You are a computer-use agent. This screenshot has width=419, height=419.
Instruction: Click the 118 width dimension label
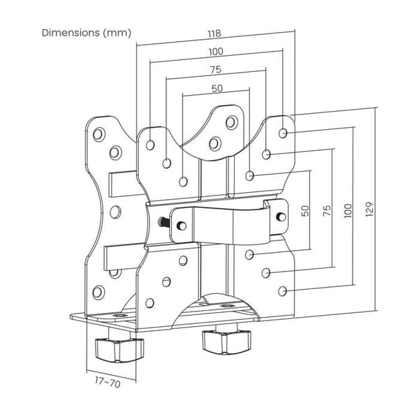click(214, 34)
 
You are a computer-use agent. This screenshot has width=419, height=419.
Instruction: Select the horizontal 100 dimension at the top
click(216, 51)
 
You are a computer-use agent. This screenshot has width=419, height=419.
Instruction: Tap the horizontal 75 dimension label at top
click(216, 69)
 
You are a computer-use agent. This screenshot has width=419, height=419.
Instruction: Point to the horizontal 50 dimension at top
click(216, 88)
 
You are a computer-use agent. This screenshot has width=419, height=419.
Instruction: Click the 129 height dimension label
click(369, 209)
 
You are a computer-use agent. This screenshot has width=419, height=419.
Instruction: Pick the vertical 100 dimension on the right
click(348, 211)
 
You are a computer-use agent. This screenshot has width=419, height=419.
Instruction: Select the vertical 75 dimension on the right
click(327, 211)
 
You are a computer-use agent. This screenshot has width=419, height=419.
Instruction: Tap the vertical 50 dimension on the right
click(305, 211)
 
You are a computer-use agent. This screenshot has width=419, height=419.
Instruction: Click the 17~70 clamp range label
click(108, 383)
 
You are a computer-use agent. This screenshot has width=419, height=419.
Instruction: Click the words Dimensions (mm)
click(87, 33)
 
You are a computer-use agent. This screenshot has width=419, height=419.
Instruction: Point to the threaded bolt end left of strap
click(162, 222)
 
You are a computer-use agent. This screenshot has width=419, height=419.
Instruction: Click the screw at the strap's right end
click(281, 216)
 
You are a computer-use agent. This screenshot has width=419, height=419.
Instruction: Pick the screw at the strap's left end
click(182, 226)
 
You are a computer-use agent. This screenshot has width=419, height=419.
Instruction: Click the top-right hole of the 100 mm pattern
click(283, 133)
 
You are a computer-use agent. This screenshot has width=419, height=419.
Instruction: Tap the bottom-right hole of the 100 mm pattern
click(282, 291)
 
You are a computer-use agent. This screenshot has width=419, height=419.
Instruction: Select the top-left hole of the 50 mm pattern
click(183, 182)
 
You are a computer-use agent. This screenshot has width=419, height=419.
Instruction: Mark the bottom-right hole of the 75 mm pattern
click(265, 273)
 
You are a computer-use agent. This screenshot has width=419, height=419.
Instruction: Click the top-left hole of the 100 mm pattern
click(150, 145)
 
